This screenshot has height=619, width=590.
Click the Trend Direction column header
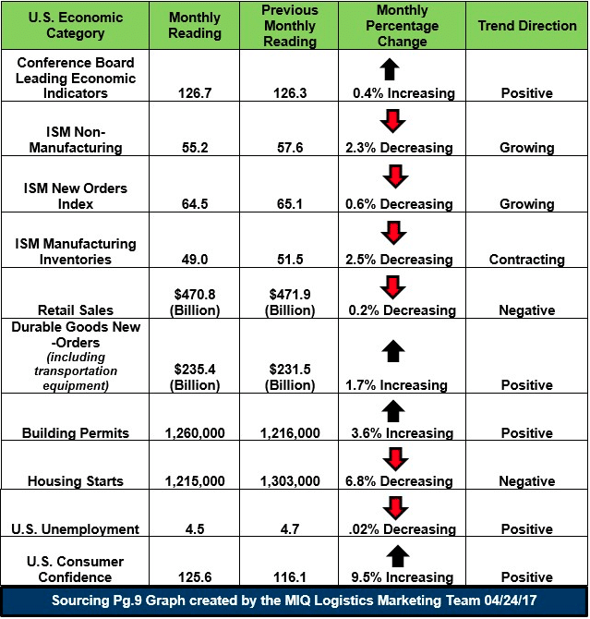(527, 26)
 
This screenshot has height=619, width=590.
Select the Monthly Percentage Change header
(403, 26)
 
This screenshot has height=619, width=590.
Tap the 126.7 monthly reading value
(195, 93)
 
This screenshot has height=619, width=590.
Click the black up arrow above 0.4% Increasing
(390, 69)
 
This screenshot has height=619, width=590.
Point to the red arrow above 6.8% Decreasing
(395, 459)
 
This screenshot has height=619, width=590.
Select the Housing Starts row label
(76, 481)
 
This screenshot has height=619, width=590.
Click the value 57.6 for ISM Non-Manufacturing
(290, 148)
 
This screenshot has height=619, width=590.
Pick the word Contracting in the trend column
(527, 260)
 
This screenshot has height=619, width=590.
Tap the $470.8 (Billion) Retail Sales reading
(195, 302)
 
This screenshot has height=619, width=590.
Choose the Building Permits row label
(76, 433)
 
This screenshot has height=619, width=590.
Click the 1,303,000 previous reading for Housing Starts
(290, 481)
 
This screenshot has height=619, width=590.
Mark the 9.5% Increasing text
(403, 577)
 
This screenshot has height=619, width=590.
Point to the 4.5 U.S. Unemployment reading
(195, 529)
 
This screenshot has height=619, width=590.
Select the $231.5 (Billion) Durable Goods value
(290, 377)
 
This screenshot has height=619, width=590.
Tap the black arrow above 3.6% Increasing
(393, 411)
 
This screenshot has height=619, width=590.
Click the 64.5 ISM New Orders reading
(195, 204)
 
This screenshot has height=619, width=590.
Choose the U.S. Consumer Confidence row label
(76, 569)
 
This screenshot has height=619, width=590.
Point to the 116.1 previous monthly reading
(290, 577)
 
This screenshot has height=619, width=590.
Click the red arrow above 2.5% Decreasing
(393, 233)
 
